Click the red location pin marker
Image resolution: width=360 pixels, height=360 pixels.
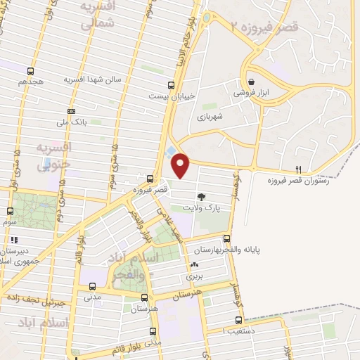(x=181, y=165)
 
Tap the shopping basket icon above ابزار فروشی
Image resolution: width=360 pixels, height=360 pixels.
(x=251, y=82)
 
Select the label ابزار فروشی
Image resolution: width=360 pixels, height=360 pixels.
(x=251, y=92)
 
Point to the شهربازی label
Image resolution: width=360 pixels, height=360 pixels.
(x=209, y=117)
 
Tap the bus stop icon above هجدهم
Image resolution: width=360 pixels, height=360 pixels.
(x=30, y=71)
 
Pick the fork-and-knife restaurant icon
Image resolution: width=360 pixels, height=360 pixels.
(x=299, y=169)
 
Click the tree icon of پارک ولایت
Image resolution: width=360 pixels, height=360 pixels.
(x=202, y=198)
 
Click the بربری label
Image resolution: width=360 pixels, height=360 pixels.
(x=193, y=276)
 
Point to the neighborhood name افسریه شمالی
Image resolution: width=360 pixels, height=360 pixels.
(x=98, y=16)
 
